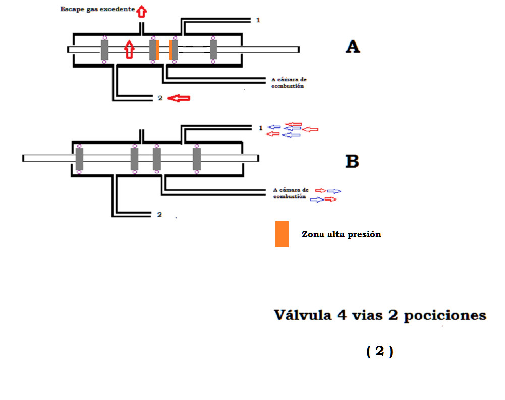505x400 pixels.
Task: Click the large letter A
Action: [353, 47]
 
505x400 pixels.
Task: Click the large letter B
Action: [352, 161]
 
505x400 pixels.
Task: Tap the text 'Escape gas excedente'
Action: [97, 9]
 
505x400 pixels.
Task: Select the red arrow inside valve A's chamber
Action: [130, 49]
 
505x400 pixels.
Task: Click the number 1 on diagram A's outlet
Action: [258, 20]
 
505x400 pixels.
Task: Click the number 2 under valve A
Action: [160, 98]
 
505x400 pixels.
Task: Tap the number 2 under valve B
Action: [159, 214]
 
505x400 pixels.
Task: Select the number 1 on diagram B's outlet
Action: [260, 128]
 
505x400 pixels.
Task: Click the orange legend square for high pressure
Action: [282, 234]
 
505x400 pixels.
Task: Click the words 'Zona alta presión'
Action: [341, 234]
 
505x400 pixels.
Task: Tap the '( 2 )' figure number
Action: [379, 351]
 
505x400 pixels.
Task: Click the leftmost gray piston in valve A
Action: [104, 49]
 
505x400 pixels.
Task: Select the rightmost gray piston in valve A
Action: [213, 49]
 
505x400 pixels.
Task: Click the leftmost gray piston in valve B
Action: [79, 159]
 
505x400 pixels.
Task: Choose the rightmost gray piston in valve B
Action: [197, 159]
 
